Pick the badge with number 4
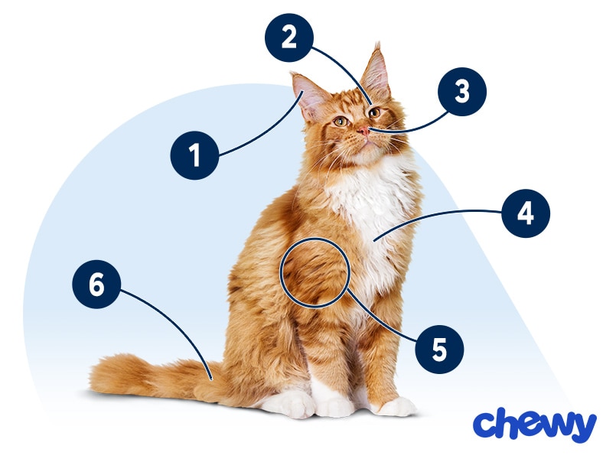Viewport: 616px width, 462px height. tap(526, 213)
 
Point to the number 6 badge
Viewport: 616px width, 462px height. tap(96, 285)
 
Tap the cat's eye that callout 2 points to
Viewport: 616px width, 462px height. tap(373, 112)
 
